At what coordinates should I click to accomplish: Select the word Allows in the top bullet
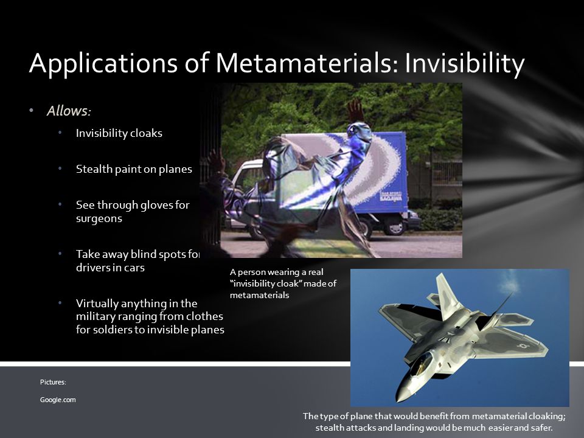click(68, 111)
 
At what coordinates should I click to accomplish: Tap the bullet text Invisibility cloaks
click(119, 133)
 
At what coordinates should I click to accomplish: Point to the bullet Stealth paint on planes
click(134, 169)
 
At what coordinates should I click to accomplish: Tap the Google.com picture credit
click(58, 400)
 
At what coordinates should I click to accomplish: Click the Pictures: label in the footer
click(53, 382)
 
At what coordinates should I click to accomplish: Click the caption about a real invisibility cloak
click(283, 283)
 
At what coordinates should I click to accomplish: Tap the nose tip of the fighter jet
click(400, 393)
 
